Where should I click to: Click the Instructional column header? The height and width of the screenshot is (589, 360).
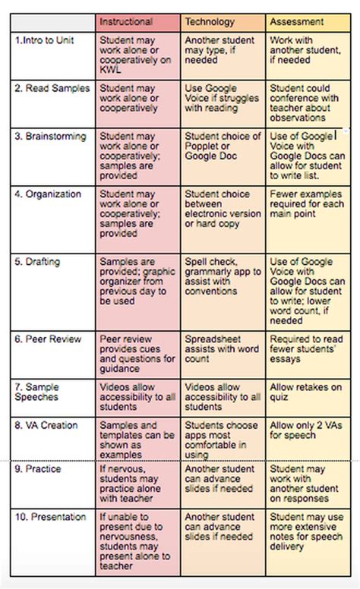(x=126, y=22)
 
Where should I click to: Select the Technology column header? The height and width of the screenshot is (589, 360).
(x=210, y=22)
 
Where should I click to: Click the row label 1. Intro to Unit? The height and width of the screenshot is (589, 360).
(x=45, y=40)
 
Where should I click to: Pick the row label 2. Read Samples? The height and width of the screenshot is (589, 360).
(x=52, y=89)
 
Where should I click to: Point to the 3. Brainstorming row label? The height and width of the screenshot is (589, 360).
(x=50, y=137)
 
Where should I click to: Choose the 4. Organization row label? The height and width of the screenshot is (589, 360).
(x=48, y=194)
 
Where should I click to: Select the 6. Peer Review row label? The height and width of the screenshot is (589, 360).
(x=47, y=339)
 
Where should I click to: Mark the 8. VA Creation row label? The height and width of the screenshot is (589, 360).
(x=46, y=426)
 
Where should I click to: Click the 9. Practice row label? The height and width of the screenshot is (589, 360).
(x=38, y=469)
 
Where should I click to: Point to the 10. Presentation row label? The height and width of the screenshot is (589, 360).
(x=50, y=518)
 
